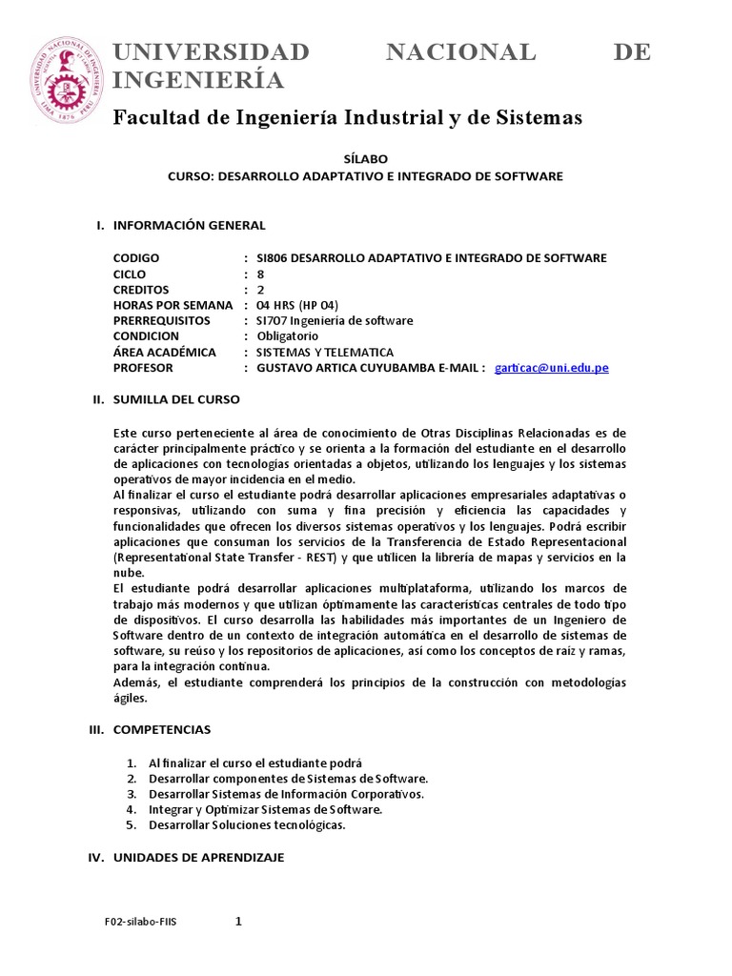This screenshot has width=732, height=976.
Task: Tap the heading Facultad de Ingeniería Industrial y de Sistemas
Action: pyautogui.click(x=347, y=117)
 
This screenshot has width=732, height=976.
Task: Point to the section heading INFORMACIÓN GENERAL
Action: pyautogui.click(x=189, y=225)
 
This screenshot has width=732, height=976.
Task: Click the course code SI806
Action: pyautogui.click(x=264, y=258)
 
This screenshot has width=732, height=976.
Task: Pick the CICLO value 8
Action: pyautogui.click(x=260, y=274)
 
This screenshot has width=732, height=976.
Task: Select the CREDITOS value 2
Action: pyautogui.click(x=260, y=289)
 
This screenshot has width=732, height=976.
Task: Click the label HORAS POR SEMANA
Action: pyautogui.click(x=173, y=304)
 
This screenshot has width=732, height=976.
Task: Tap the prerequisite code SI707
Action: pyautogui.click(x=264, y=319)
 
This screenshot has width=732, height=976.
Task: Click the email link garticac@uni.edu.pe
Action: pyautogui.click(x=552, y=368)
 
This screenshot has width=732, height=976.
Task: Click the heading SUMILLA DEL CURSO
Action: pyautogui.click(x=176, y=399)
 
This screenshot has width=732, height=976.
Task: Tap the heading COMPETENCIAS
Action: pyautogui.click(x=162, y=729)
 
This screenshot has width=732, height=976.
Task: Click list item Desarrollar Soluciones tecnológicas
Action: pyautogui.click(x=247, y=824)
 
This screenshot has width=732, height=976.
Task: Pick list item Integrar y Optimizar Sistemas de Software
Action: pyautogui.click(x=265, y=809)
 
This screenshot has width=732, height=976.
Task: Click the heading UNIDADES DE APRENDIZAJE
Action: pyautogui.click(x=198, y=857)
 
